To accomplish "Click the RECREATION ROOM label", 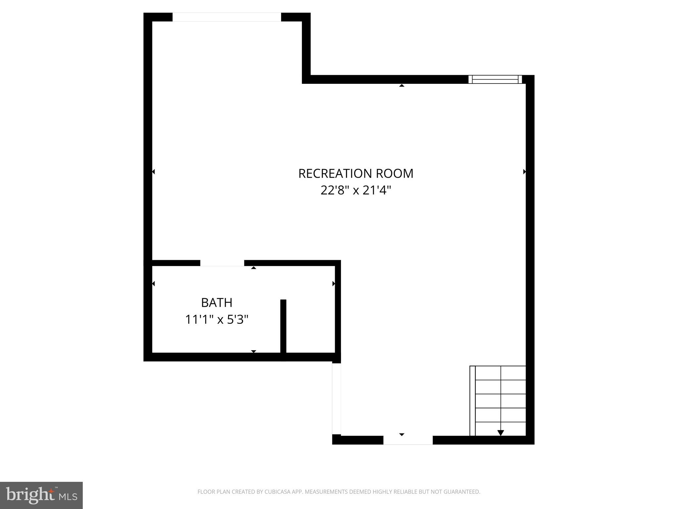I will click(356, 174).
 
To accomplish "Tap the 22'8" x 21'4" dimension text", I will click(356, 191).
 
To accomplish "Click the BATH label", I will click(217, 303).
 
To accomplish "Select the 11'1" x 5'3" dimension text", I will click(217, 320).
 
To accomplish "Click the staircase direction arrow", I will click(501, 432).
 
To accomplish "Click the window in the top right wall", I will click(495, 80).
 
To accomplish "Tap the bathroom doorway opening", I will click(222, 263).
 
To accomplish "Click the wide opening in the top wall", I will click(227, 17).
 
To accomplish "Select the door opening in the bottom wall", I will click(408, 440).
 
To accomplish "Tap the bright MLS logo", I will click(41, 495).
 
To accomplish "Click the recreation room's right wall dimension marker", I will click(524, 172).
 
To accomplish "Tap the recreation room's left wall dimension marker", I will click(154, 172).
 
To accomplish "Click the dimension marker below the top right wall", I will click(402, 85).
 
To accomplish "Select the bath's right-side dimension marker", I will click(334, 284).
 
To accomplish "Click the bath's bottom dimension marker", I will click(254, 351).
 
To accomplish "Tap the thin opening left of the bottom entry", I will click(336, 399).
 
